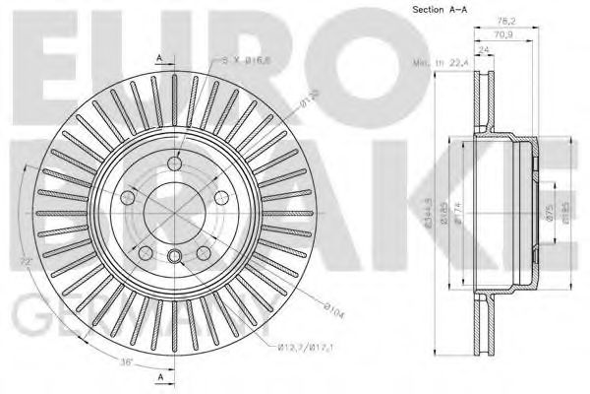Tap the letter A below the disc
click(x=158, y=376)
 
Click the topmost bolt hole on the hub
click(x=175, y=164)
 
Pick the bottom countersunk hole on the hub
click(x=175, y=259)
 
